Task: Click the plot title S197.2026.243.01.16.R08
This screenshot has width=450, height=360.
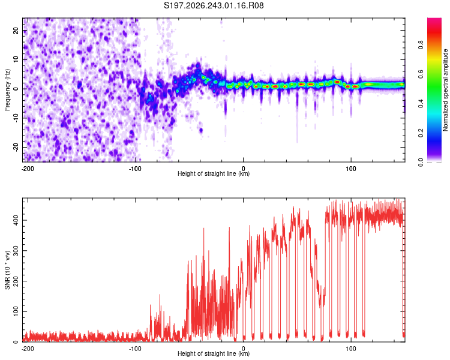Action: tap(214, 5)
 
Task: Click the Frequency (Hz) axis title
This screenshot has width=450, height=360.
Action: tap(7, 90)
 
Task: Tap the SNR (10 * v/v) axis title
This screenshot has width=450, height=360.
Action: tap(7, 270)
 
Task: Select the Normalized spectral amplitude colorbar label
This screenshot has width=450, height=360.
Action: tap(445, 90)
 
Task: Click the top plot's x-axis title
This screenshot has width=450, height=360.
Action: tap(214, 173)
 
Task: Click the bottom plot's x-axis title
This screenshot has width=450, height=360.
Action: tap(214, 353)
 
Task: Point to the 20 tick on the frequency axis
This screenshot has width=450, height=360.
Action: tap(16, 30)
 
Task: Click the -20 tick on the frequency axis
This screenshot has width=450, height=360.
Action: tap(16, 147)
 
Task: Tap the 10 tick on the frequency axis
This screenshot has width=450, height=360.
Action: tap(16, 59)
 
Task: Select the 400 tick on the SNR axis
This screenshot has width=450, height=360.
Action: tap(16, 220)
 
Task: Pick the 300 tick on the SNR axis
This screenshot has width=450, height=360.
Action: tap(16, 251)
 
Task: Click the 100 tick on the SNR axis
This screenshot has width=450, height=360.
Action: tap(16, 311)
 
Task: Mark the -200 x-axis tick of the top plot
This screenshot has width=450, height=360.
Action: tap(28, 169)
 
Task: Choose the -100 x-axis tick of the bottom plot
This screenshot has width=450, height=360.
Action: tap(135, 349)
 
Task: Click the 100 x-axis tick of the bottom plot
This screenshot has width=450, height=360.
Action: tap(351, 349)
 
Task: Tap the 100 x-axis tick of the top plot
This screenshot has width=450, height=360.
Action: tap(351, 169)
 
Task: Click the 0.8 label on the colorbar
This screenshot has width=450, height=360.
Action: tap(421, 45)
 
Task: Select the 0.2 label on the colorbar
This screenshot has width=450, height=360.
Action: tap(421, 133)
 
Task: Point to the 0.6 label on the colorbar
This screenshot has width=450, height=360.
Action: tap(421, 74)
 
